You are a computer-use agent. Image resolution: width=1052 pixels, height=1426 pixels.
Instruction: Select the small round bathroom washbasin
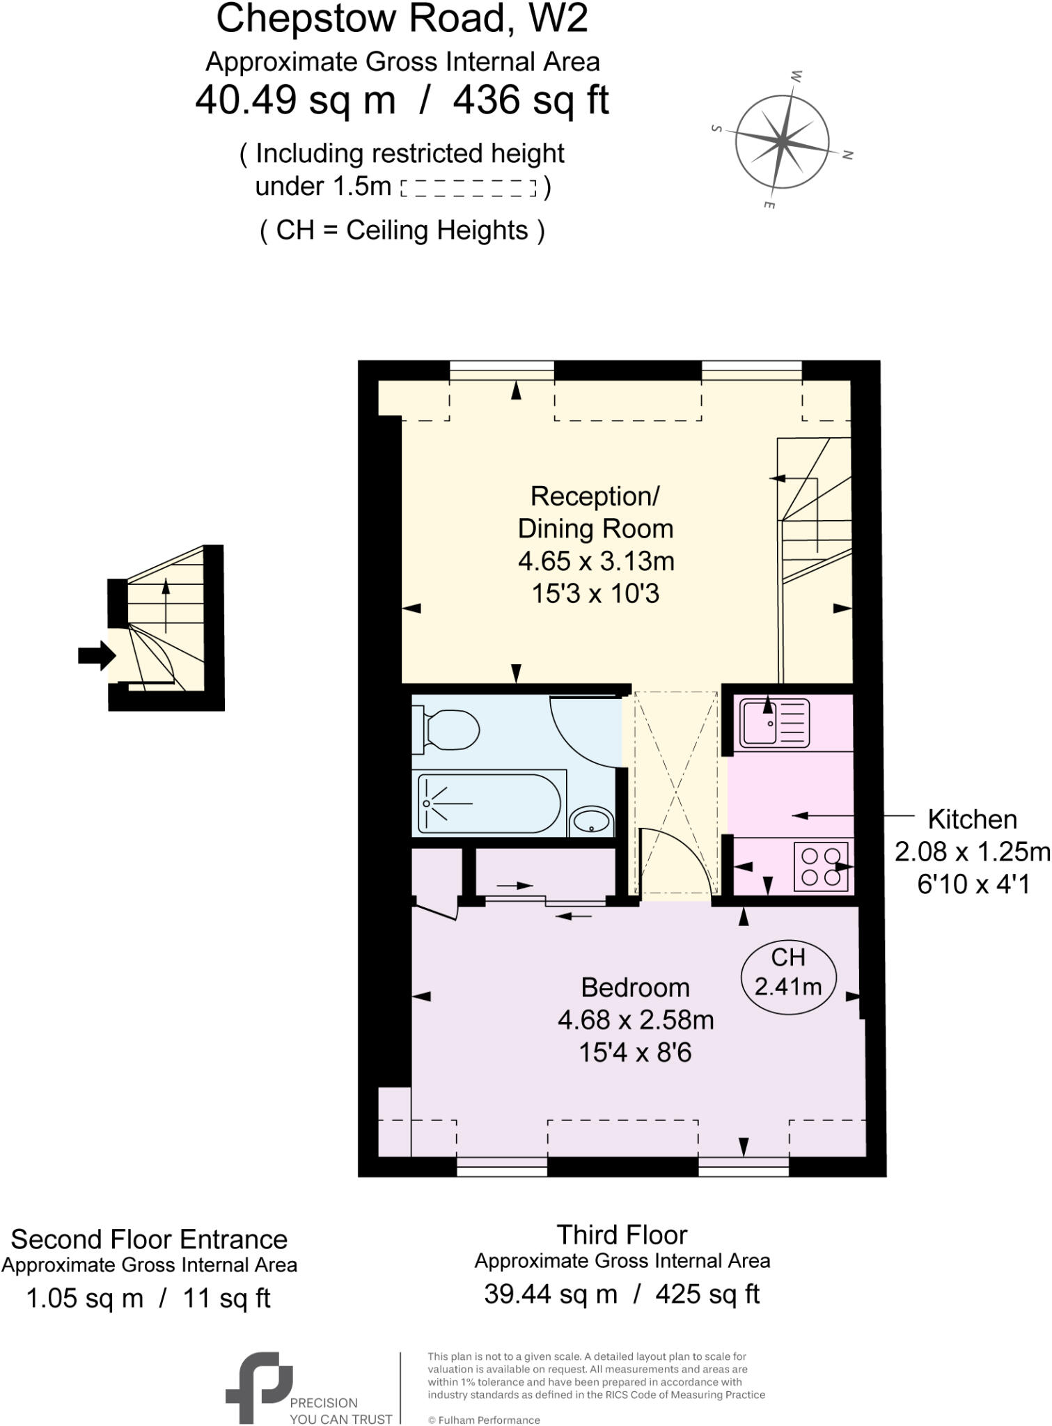(591, 822)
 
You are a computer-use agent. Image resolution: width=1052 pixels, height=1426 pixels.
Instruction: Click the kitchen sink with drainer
(775, 723)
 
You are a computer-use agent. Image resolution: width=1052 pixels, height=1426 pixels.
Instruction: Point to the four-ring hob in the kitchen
(821, 866)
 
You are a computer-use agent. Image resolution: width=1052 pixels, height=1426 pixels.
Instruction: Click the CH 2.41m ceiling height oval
(788, 973)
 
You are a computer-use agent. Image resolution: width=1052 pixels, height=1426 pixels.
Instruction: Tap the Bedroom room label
(635, 987)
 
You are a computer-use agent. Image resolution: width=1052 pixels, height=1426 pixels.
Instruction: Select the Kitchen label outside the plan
(972, 820)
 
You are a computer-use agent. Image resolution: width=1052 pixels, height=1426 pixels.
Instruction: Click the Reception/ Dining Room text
(595, 512)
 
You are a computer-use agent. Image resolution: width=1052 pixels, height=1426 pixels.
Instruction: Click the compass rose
(782, 140)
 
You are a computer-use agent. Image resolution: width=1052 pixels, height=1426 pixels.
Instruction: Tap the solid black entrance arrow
(96, 655)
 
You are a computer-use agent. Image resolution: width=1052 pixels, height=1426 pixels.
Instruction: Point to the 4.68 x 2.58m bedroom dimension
(635, 1020)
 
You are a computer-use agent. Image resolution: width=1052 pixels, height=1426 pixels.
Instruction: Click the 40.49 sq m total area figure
(295, 100)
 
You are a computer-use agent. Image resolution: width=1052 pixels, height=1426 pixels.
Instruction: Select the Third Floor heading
(622, 1235)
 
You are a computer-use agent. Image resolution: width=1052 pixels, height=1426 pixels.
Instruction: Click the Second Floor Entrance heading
(149, 1239)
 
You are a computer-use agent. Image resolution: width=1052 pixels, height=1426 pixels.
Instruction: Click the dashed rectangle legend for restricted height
(469, 188)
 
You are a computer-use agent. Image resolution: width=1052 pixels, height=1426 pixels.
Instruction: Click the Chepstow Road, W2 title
(402, 19)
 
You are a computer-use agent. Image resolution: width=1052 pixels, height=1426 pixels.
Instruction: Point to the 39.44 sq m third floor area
(550, 1294)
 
